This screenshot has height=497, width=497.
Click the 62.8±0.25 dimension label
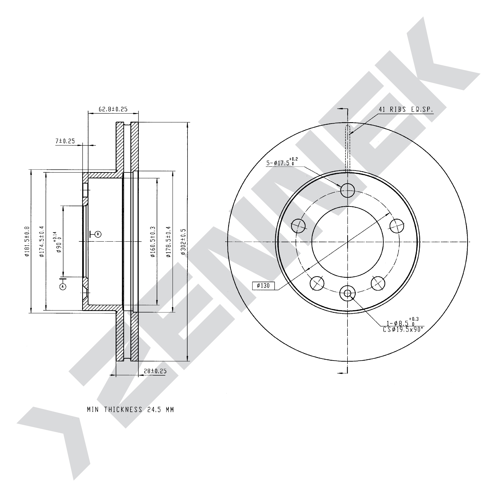(113, 109)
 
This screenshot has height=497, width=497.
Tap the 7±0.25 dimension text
(65, 141)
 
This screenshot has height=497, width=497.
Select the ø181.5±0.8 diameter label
(27, 242)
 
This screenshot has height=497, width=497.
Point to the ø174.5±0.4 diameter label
(42, 242)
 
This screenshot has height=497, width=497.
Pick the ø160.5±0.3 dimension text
(153, 242)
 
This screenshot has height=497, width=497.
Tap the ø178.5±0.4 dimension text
(168, 242)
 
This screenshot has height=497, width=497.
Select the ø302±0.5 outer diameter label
(183, 242)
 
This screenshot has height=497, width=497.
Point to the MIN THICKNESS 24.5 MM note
(130, 410)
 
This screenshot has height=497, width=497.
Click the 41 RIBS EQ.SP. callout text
(406, 109)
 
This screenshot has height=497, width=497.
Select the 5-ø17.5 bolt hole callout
(282, 162)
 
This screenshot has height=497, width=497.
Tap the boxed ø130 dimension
(264, 286)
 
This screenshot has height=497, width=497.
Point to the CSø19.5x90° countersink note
(403, 330)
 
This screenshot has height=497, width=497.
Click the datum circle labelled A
(63, 286)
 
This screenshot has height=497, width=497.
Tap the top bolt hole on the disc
(347, 190)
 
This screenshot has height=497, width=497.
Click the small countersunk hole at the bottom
(347, 293)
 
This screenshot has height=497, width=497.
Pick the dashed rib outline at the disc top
(347, 149)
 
